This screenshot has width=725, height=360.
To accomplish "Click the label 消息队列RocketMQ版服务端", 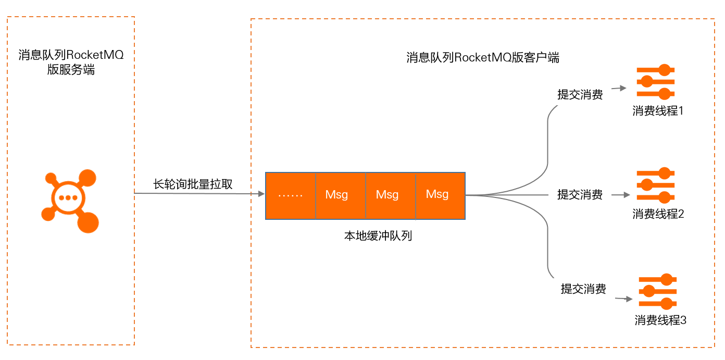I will (x=71, y=63).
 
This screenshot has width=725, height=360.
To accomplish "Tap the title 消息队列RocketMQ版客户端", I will (x=482, y=58).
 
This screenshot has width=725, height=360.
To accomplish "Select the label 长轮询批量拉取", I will (x=193, y=184).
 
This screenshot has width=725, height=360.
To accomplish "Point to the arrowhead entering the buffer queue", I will (x=261, y=194).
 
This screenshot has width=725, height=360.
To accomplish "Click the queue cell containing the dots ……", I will (x=291, y=195).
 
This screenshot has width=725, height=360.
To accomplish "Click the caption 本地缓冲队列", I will (x=378, y=236).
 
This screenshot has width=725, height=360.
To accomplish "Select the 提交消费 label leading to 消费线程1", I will (x=580, y=95).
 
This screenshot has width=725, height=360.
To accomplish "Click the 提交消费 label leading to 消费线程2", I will (x=580, y=195).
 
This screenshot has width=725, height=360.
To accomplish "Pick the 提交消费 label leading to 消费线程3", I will (x=583, y=289).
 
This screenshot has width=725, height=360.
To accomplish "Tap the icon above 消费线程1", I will (x=656, y=82).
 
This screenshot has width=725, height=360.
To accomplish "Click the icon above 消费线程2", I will (x=656, y=185).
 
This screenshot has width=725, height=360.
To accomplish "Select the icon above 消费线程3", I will (x=658, y=292).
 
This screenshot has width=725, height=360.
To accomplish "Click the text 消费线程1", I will (x=658, y=111).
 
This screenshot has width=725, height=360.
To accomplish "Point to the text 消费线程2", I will (x=658, y=214).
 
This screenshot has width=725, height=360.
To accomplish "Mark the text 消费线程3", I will (x=660, y=320).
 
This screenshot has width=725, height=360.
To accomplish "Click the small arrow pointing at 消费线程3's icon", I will (x=625, y=299).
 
